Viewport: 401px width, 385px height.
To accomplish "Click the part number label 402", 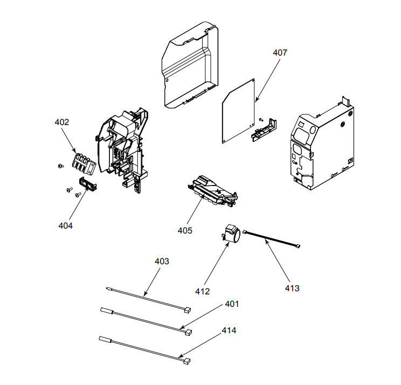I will click(x=62, y=122).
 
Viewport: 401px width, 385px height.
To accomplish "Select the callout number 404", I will click(x=66, y=225).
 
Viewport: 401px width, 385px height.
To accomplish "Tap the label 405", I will click(x=185, y=230).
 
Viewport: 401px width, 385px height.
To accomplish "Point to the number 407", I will click(x=280, y=53).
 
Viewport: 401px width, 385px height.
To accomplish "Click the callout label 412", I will click(x=203, y=291).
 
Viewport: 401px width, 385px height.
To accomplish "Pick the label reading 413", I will click(x=292, y=288).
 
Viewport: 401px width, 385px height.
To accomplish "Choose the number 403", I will click(x=162, y=261).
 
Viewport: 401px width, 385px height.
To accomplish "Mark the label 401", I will click(x=231, y=304).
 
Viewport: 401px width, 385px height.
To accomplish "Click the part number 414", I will click(x=229, y=329).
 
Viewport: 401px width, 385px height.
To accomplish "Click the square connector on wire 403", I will click(x=186, y=310).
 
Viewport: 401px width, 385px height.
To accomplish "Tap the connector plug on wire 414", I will click(x=186, y=360).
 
